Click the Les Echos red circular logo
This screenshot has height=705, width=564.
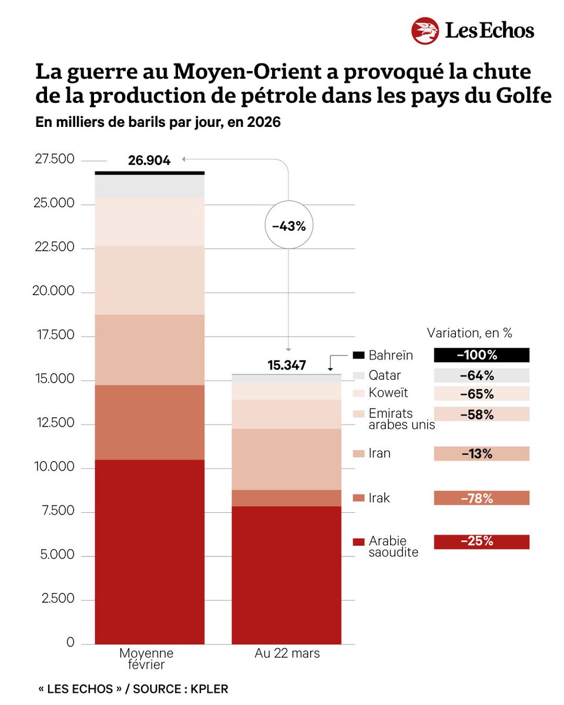426,31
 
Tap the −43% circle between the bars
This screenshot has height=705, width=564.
288,226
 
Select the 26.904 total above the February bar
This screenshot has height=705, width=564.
149,160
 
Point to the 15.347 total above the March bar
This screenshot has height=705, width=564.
287,365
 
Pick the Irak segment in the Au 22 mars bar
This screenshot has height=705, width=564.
287,498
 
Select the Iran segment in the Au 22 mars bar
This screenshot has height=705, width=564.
287,459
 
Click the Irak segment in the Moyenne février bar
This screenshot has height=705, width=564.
150,422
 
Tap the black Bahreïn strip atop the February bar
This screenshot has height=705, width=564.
150,173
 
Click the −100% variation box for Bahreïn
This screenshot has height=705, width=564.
481,355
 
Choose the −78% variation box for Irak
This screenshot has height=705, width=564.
481,498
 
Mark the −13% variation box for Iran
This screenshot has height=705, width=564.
481,454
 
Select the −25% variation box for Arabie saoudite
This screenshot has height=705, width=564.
481,542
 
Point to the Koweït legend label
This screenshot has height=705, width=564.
388,393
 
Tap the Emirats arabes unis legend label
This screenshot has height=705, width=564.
401,419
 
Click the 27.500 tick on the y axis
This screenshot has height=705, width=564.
55,160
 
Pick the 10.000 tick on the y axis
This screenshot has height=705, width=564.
55,468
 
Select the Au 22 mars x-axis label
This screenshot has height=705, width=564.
287,653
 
